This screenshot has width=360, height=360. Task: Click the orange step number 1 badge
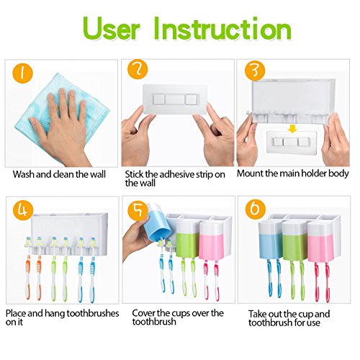22,73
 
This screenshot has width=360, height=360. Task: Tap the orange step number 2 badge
138,69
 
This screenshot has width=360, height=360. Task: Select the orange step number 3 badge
255,70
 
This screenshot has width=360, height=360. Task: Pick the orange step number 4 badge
23,211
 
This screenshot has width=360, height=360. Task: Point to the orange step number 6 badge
256,209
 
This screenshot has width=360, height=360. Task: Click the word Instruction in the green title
222,29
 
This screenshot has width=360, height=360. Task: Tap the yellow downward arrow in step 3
292,129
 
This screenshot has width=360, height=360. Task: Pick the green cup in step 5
188,239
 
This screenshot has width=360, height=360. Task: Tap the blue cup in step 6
270,240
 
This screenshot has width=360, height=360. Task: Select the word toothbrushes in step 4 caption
93,313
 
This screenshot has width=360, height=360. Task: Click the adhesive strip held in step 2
174,99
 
